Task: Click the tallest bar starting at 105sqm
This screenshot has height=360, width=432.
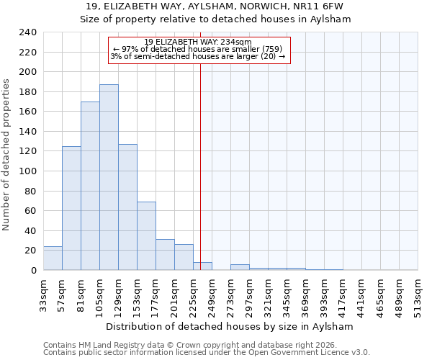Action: click(109, 177)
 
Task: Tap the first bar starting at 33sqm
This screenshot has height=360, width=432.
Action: click(53, 258)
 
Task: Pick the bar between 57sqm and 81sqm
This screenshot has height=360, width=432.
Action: click(71, 208)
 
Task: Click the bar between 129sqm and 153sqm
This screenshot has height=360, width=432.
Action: click(127, 207)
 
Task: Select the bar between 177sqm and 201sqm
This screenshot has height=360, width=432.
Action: click(165, 255)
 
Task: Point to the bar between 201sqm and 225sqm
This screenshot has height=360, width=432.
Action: click(184, 257)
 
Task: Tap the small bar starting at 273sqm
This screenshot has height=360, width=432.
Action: click(240, 267)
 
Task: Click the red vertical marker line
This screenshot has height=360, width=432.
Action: click(200, 158)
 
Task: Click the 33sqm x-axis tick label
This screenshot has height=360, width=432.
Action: click(43, 294)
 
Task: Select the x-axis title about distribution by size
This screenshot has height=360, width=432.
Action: click(229, 326)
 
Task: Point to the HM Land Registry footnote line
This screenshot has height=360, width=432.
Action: click(187, 345)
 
